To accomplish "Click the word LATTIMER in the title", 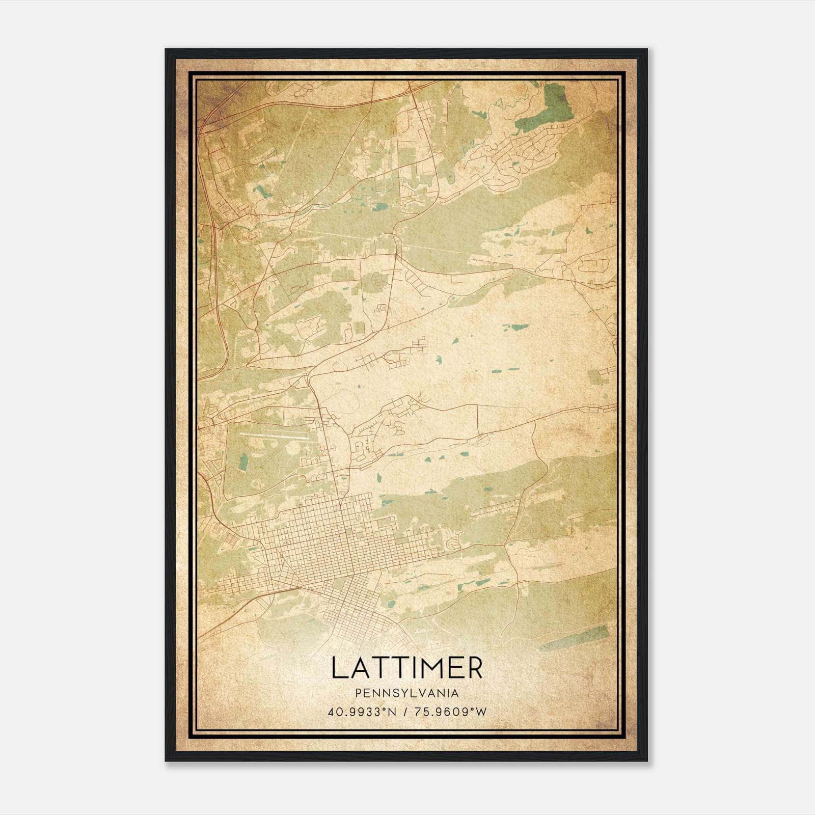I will [406, 668].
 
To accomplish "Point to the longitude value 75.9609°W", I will [450, 712].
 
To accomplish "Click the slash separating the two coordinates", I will [405, 712].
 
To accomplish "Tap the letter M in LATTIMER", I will [433, 668].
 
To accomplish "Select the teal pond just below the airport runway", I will [243, 461].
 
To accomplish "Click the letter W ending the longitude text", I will [481, 712].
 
